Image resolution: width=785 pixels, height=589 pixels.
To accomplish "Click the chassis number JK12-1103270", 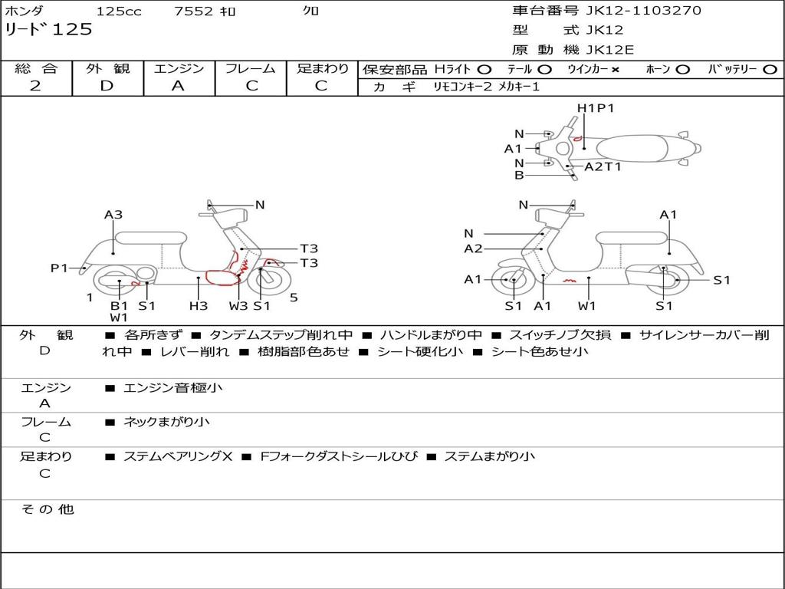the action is (x=644, y=11).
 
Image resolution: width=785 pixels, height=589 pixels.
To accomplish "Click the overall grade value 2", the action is (x=35, y=86).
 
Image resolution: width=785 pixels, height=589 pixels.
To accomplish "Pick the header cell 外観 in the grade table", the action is (x=107, y=68).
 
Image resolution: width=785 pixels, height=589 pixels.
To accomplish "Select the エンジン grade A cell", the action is (x=178, y=86).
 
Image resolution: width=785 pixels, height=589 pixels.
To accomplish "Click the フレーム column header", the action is (x=250, y=68).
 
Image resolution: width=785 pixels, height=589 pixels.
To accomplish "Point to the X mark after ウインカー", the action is (x=615, y=69).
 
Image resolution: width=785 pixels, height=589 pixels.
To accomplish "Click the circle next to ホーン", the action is (x=682, y=69).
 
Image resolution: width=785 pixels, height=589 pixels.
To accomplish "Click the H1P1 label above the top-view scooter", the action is (x=596, y=108).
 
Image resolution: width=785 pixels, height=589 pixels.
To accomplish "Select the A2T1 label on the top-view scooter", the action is (x=603, y=166).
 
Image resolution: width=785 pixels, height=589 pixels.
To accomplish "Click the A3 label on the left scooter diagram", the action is (x=113, y=215).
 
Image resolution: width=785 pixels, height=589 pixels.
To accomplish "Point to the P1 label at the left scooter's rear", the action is (x=59, y=268).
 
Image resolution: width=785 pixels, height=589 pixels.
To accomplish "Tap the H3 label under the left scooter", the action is (x=199, y=305).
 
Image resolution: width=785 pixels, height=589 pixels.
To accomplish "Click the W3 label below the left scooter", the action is (x=238, y=305).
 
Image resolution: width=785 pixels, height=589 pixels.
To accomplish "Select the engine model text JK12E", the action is (x=610, y=50).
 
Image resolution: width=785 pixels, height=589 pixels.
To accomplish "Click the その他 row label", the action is (x=47, y=509).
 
